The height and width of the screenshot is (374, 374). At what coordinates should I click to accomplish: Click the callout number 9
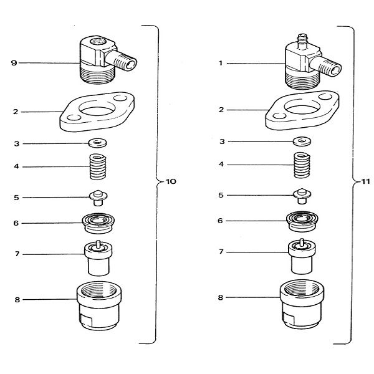click(14, 62)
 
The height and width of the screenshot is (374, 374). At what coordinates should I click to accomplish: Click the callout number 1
click(220, 62)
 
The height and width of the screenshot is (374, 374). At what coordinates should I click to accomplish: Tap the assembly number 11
click(366, 182)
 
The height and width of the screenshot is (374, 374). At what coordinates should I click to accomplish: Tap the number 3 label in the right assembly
click(221, 141)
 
